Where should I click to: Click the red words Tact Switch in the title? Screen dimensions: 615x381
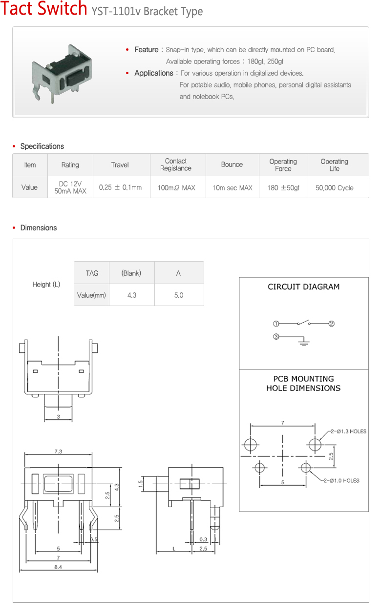[43, 9]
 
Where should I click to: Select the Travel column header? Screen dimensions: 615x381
[120, 165]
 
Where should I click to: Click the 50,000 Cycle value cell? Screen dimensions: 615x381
[335, 187]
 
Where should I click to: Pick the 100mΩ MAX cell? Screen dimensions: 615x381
[176, 187]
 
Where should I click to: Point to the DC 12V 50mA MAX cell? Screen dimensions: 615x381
[70, 187]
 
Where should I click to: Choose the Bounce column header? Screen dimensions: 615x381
[232, 165]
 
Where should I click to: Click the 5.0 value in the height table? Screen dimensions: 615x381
[179, 295]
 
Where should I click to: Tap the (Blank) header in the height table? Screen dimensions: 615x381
[131, 273]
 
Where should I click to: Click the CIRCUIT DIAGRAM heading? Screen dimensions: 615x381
[303, 287]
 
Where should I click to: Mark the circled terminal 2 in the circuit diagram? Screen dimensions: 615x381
[331, 324]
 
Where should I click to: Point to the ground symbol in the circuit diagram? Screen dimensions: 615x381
[304, 343]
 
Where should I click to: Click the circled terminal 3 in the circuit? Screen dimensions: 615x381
[276, 337]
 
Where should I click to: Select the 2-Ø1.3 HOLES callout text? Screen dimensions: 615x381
[348, 431]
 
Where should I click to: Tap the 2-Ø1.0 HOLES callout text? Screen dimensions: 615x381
[341, 481]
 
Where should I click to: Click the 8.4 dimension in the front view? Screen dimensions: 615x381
[58, 567]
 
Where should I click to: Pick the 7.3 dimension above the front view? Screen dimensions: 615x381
[58, 451]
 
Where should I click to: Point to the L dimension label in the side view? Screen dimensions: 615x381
[174, 549]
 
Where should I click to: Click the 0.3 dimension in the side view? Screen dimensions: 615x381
[203, 539]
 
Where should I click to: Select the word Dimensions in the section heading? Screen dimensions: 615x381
[39, 228]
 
